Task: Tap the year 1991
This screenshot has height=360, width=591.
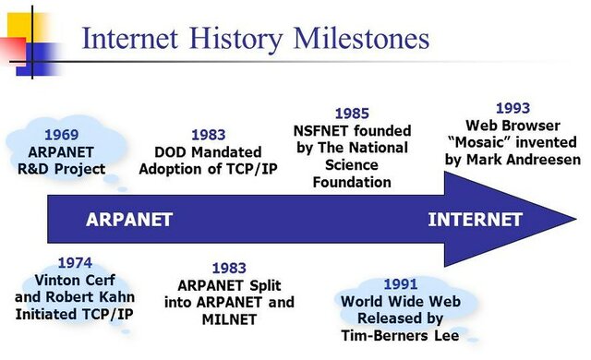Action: tap(400, 283)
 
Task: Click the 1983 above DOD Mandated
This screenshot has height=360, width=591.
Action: tap(208, 135)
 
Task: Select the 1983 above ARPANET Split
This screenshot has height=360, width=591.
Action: tap(229, 268)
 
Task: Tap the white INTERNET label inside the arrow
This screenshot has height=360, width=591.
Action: tap(475, 220)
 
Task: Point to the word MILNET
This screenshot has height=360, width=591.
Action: tap(229, 319)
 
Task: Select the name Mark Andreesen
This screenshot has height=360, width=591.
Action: tap(528, 160)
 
